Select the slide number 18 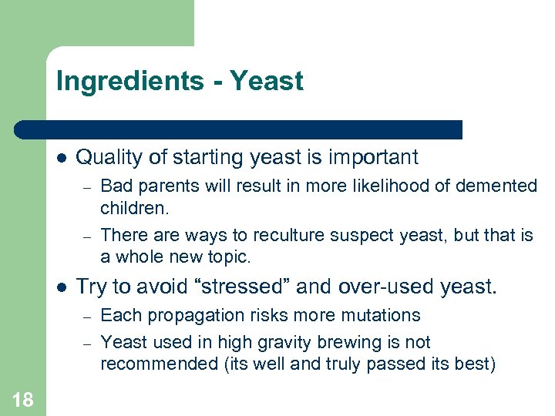click(22, 398)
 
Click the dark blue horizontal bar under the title click(239, 129)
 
